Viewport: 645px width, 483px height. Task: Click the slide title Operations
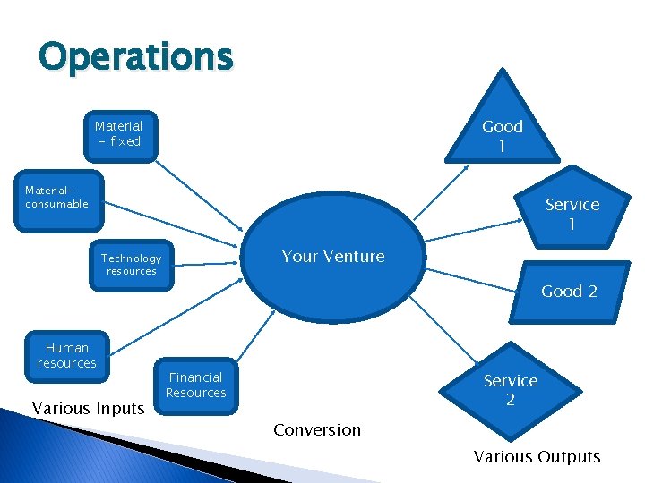pos(135,57)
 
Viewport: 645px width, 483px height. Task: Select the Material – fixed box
pos(119,134)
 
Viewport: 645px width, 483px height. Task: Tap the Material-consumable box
pos(57,198)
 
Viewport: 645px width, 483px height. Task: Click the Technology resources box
pos(131,265)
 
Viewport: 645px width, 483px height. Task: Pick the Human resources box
pos(67,355)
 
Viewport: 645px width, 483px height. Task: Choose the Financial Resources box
pos(196,386)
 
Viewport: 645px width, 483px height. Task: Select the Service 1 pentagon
pos(572,211)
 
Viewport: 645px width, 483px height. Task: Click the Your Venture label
pos(332,257)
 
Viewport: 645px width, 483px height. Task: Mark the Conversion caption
pos(317,430)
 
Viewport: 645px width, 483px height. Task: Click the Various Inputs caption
pos(88,409)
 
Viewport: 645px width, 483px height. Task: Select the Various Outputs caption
pos(537,457)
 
